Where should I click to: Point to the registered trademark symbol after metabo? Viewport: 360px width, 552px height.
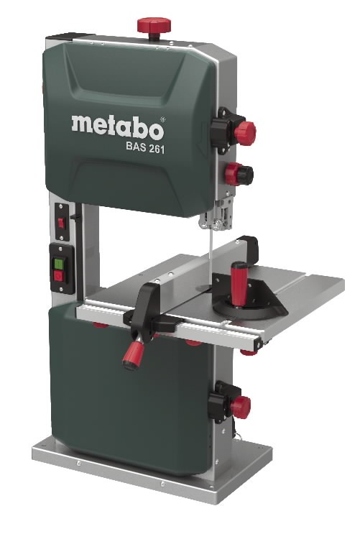coord(162,118)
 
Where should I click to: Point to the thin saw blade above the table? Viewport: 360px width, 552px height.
coord(213,252)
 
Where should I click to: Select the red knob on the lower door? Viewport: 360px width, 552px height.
coord(239,408)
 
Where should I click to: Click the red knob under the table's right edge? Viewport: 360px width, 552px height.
coord(248,351)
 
